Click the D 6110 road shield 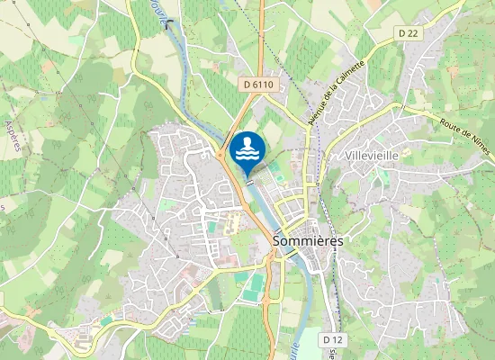click(x=257, y=84)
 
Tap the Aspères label click(x=13, y=135)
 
